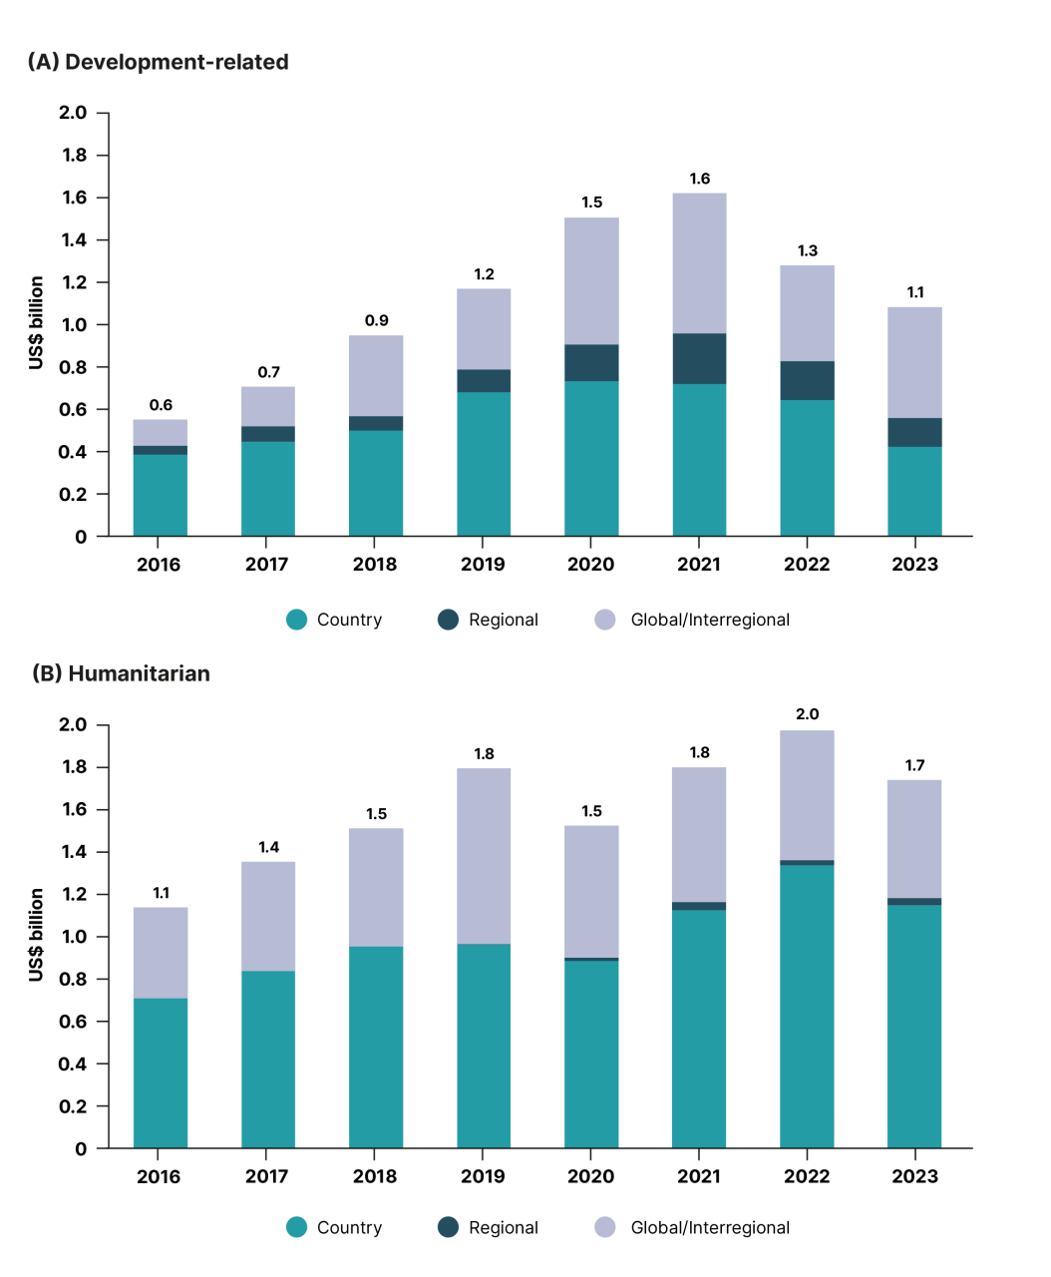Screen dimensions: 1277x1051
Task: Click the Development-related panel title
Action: (x=158, y=62)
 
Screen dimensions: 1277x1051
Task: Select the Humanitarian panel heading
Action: (x=121, y=673)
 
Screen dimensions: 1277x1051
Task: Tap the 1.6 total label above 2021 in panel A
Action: (x=699, y=179)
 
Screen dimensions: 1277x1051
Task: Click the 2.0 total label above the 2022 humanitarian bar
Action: (x=807, y=714)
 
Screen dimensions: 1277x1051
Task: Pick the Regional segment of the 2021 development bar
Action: (x=699, y=359)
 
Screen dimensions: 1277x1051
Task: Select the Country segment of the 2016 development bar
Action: (x=161, y=496)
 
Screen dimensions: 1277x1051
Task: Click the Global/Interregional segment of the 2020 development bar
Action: (x=591, y=281)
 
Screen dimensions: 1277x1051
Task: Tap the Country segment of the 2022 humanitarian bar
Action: (x=807, y=1008)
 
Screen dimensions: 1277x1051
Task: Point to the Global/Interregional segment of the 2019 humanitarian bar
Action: (x=484, y=856)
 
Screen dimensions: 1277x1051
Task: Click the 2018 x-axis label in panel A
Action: (x=375, y=565)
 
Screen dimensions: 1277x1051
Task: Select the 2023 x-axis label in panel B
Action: (x=914, y=1176)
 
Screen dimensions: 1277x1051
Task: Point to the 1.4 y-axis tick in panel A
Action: (x=74, y=240)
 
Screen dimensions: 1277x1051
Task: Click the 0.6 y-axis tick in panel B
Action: (x=74, y=1022)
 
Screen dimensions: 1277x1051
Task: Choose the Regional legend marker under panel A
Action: (x=449, y=620)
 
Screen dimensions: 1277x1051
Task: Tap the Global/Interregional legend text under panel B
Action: (x=709, y=1228)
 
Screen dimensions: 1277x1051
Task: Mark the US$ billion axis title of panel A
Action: (x=37, y=323)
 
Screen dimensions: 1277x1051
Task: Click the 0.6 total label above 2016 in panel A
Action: (x=161, y=405)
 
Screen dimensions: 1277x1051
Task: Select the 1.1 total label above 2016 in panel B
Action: (x=161, y=893)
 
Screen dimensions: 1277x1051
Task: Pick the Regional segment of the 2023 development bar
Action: (x=914, y=432)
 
